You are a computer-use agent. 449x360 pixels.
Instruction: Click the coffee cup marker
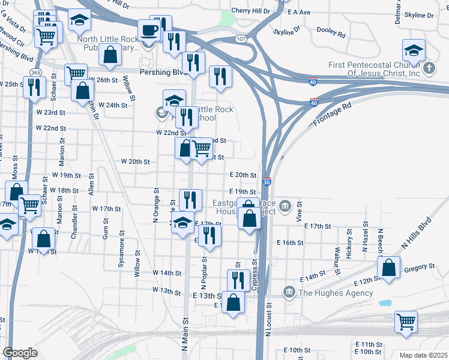point(148,30)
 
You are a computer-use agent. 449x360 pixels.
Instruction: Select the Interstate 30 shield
point(267,181)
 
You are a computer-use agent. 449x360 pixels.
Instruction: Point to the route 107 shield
point(241,39)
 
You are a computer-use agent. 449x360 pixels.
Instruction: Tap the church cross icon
point(429,68)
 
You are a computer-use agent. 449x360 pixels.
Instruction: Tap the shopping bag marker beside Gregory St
point(389,268)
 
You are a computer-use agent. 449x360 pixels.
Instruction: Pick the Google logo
point(20,353)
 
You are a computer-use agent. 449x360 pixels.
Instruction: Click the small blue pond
point(385,302)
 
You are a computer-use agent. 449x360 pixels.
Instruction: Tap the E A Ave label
point(299,12)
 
